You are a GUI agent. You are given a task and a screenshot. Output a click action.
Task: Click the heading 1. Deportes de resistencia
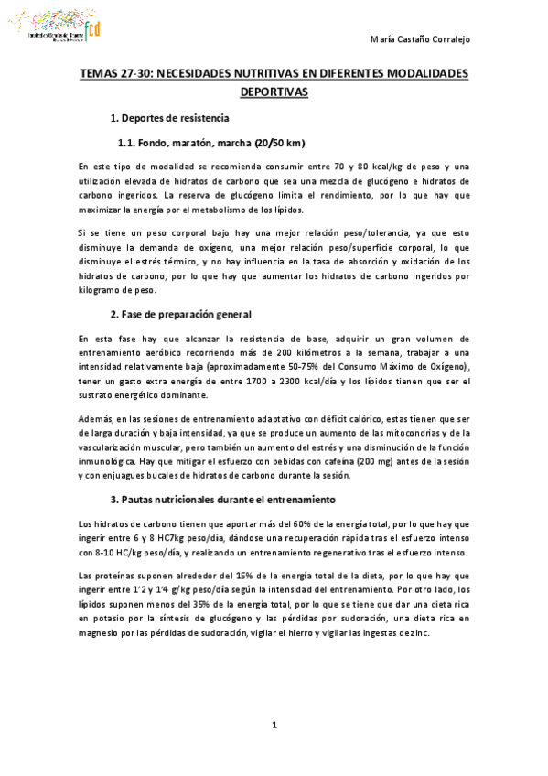169,119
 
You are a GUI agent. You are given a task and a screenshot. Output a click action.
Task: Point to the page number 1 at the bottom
274,726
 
